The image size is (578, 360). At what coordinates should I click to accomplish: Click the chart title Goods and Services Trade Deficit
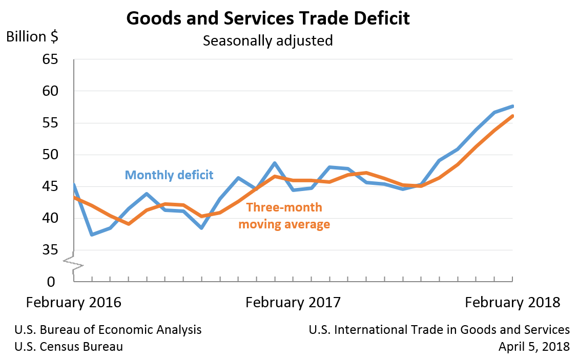[x=267, y=18]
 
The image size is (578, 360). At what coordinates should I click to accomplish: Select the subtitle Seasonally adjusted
[x=267, y=40]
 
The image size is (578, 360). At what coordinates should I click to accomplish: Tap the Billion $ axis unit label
[x=32, y=37]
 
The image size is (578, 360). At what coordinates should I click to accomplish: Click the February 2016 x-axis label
[x=73, y=302]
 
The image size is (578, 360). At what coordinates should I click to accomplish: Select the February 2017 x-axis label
[x=293, y=302]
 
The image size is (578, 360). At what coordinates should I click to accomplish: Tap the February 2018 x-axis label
[x=512, y=302]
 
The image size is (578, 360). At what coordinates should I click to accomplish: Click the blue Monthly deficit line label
[x=169, y=175]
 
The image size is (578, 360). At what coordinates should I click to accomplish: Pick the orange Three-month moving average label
[x=284, y=216]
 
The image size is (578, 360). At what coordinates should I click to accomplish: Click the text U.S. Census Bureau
[x=69, y=347]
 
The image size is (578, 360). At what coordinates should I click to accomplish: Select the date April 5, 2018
[x=534, y=347]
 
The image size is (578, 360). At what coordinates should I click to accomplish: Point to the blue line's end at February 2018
[x=512, y=106]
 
